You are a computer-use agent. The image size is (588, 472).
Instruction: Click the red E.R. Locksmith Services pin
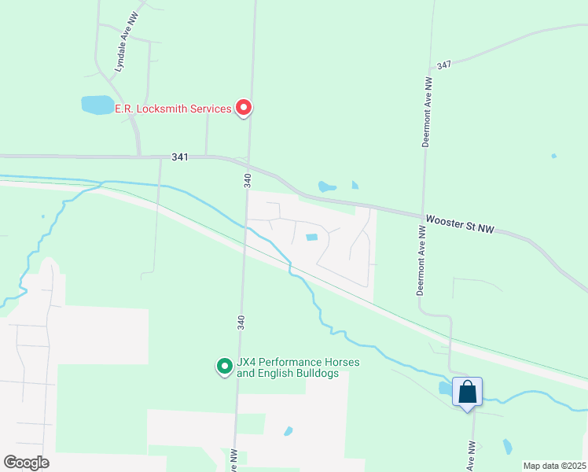pyautogui.click(x=244, y=108)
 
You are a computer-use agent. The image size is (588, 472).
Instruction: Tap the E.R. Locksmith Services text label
pyautogui.click(x=173, y=109)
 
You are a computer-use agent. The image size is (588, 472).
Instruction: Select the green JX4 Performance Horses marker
pyautogui.click(x=225, y=366)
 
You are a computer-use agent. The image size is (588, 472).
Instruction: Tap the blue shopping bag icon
pyautogui.click(x=467, y=391)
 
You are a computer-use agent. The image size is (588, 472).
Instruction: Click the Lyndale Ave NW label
pyautogui.click(x=123, y=53)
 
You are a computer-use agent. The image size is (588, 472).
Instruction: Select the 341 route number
pyautogui.click(x=180, y=157)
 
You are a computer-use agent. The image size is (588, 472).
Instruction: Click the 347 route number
pyautogui.click(x=445, y=64)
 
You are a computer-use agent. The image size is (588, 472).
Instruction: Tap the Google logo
pyautogui.click(x=26, y=462)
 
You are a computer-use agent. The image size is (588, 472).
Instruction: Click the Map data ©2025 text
pyautogui.click(x=554, y=466)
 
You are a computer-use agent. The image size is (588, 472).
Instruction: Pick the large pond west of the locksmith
pyautogui.click(x=97, y=105)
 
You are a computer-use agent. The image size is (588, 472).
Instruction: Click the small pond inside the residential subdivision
pyautogui.click(x=312, y=238)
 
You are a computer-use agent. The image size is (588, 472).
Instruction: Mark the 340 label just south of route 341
pyautogui.click(x=248, y=180)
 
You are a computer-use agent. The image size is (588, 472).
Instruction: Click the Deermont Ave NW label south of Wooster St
pyautogui.click(x=421, y=260)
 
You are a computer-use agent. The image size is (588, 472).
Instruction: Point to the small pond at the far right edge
pyautogui.click(x=554, y=156)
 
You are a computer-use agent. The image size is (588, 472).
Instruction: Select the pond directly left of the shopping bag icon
pyautogui.click(x=445, y=388)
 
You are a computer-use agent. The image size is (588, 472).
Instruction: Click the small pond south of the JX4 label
pyautogui.click(x=288, y=431)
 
